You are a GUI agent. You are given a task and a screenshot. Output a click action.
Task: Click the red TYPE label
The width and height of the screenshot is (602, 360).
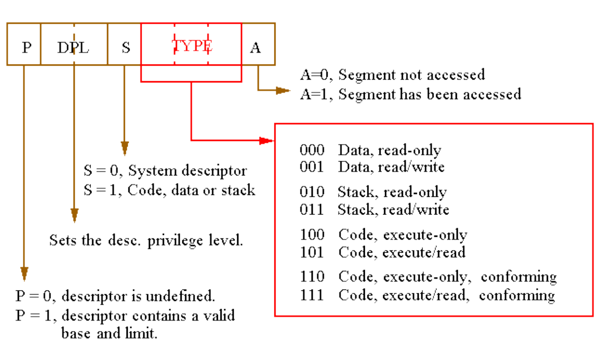191,46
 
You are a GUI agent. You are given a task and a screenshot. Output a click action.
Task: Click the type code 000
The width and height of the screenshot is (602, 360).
312,150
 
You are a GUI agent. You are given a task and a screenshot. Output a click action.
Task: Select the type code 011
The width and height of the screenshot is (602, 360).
312,209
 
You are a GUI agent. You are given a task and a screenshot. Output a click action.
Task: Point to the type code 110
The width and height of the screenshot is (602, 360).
312,276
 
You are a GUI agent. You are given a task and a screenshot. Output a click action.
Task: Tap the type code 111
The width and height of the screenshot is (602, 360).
312,295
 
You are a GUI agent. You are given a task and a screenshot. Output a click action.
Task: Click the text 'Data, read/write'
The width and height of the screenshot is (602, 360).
391,167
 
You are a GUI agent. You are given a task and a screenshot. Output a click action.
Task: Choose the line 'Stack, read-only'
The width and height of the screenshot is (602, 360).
392,192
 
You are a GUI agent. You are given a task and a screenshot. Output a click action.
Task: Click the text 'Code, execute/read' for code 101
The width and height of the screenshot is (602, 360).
402,252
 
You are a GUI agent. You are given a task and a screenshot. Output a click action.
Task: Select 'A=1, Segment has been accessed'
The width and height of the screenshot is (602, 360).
410,94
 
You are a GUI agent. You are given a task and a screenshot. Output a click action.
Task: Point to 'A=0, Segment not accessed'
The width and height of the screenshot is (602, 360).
392,75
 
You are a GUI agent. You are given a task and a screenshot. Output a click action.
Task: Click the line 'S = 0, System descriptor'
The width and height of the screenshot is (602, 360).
165,171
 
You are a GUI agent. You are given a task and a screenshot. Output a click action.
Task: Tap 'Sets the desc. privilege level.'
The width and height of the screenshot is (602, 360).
146,240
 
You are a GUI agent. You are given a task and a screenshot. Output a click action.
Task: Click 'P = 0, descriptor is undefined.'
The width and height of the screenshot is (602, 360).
115,296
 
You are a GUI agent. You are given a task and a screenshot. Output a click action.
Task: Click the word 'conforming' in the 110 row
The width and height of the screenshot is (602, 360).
519,277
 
